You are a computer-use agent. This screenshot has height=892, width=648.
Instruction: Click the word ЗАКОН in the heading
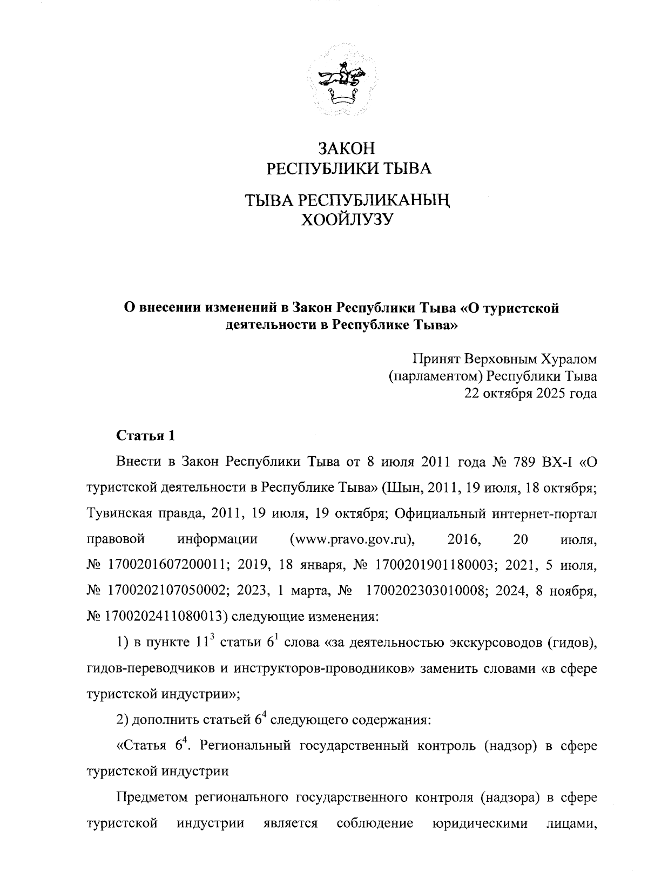point(346,148)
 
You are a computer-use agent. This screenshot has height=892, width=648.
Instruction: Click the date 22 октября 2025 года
point(531,393)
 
